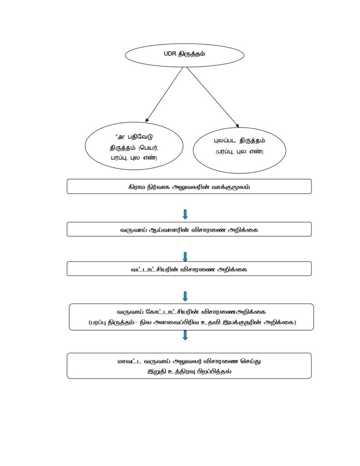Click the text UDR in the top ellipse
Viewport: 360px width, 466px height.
click(170, 54)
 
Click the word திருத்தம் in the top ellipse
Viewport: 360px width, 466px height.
click(192, 54)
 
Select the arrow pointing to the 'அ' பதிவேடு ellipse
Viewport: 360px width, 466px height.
click(164, 95)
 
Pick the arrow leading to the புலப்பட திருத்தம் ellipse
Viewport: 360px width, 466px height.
click(213, 97)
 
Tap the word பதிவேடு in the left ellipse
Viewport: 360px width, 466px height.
click(141, 137)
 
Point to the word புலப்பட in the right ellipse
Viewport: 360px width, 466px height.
click(225, 141)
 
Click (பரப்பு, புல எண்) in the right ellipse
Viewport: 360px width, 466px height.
click(239, 152)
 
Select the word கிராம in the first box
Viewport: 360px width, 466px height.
click(137, 187)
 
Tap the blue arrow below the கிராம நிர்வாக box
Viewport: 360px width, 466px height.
click(185, 214)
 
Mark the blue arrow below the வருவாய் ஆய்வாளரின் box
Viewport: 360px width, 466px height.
click(185, 257)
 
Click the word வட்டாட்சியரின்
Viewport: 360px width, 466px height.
click(155, 269)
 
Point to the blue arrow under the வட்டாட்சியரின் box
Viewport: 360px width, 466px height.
click(185, 296)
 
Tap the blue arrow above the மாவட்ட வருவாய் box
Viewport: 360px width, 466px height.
click(185, 335)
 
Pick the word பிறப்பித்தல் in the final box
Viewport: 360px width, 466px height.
click(216, 372)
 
